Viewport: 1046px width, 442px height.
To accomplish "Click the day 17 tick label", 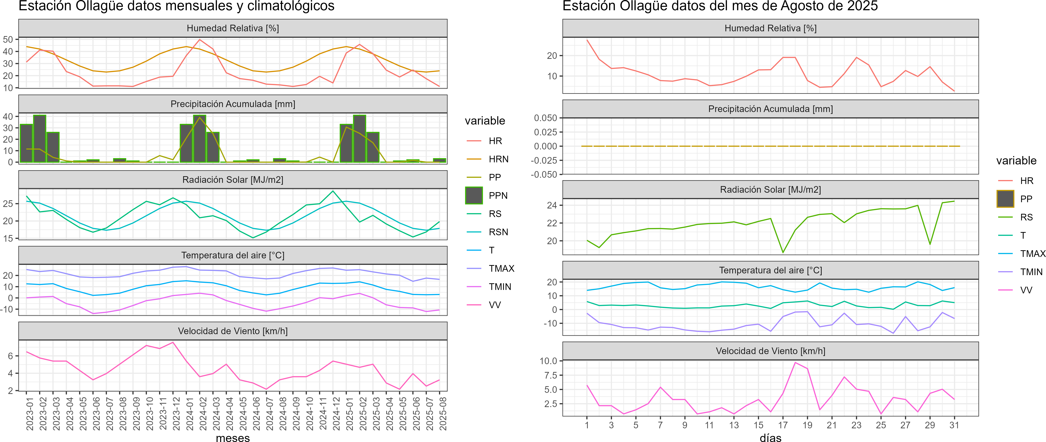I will click(783, 425).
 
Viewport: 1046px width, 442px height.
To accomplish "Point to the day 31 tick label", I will click(954, 425).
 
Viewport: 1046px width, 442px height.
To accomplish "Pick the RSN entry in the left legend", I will click(498, 232).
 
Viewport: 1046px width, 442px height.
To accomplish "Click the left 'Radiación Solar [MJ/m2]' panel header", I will click(233, 180).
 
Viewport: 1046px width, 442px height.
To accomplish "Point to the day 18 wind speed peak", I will click(795, 362).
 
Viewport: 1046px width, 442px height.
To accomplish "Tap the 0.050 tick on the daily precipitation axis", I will click(545, 118).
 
